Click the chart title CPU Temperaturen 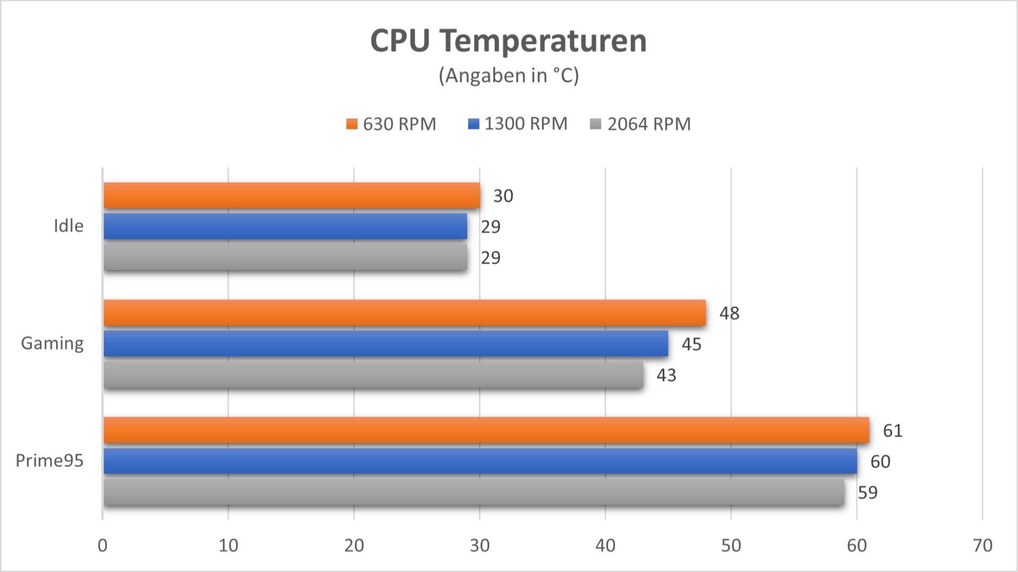click(x=508, y=41)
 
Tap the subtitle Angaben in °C click(x=508, y=76)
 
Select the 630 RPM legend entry click(x=391, y=124)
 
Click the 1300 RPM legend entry click(x=518, y=124)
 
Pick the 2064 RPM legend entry click(x=640, y=124)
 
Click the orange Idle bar click(x=292, y=195)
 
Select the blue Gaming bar click(x=385, y=344)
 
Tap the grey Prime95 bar click(x=473, y=492)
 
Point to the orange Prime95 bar click(x=486, y=430)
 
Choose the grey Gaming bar click(x=373, y=375)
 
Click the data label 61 click(x=892, y=431)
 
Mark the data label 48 click(x=729, y=314)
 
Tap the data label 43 click(x=666, y=376)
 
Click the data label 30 click(x=503, y=196)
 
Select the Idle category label click(x=68, y=226)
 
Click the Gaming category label click(x=52, y=344)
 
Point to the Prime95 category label click(x=49, y=461)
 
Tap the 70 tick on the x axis click(x=982, y=546)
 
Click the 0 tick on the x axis click(x=102, y=546)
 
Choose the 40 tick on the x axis click(x=605, y=546)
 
